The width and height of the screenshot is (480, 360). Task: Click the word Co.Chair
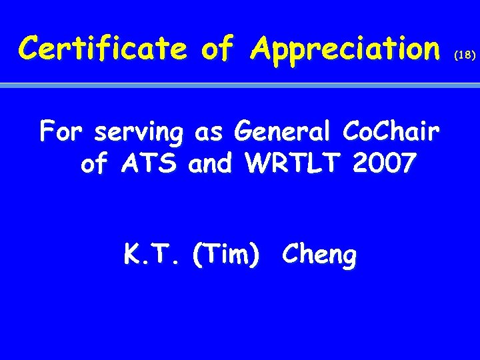click(390, 133)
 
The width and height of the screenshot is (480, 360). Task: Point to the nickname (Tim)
click(225, 255)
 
